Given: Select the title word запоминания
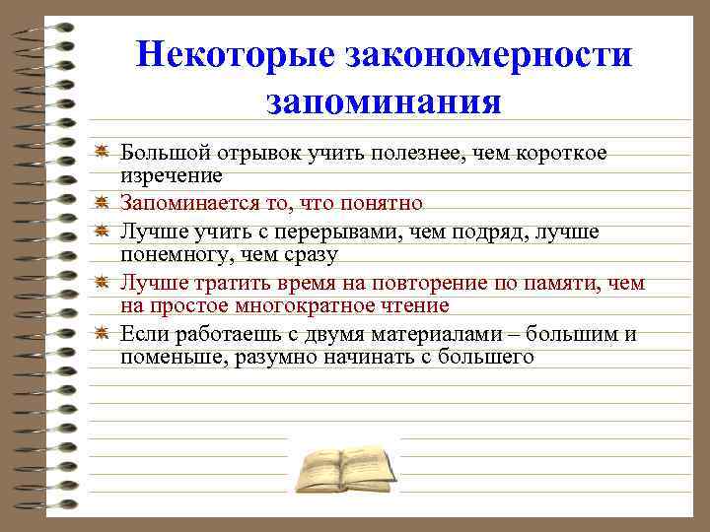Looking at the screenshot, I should [x=384, y=100].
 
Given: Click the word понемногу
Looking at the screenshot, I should [x=172, y=255].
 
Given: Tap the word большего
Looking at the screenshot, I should [x=486, y=358].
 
